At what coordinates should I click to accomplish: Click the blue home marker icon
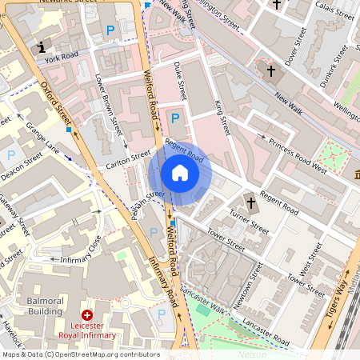[x=180, y=172]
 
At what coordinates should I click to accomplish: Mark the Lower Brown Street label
[x=107, y=104]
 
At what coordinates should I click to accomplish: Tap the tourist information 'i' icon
[x=42, y=48]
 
